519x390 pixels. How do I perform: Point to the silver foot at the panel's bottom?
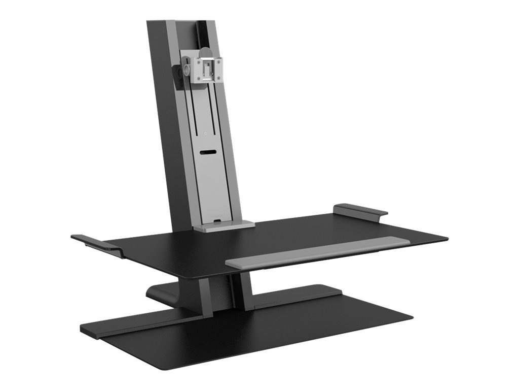[x=223, y=226]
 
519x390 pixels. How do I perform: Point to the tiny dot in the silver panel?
[x=205, y=135]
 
